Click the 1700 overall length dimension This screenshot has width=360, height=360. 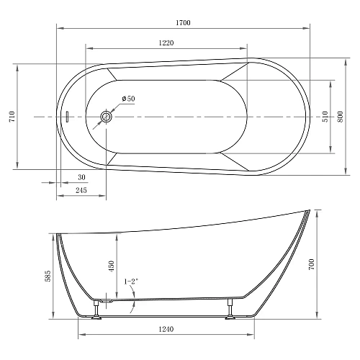click(183, 24)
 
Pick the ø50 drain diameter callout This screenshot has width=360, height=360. click(128, 99)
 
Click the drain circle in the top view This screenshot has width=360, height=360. click(107, 116)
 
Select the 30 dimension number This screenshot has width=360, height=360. click(81, 177)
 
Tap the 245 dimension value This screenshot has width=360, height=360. click(81, 191)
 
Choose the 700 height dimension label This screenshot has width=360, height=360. click(312, 265)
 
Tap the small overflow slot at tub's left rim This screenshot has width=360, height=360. click(66, 117)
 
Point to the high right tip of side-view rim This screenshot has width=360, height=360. click(307, 211)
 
